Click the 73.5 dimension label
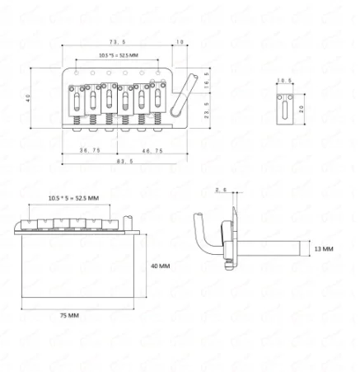pos(117,42)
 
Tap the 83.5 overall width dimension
pos(125,162)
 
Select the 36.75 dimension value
pos(90,150)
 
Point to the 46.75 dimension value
pos(152,151)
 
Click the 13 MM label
pos(324,249)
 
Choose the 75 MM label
pos(69,316)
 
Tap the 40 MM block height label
pos(161,266)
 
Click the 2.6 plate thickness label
pos(221,190)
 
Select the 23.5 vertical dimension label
pos(207,111)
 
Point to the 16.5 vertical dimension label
pos(207,80)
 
